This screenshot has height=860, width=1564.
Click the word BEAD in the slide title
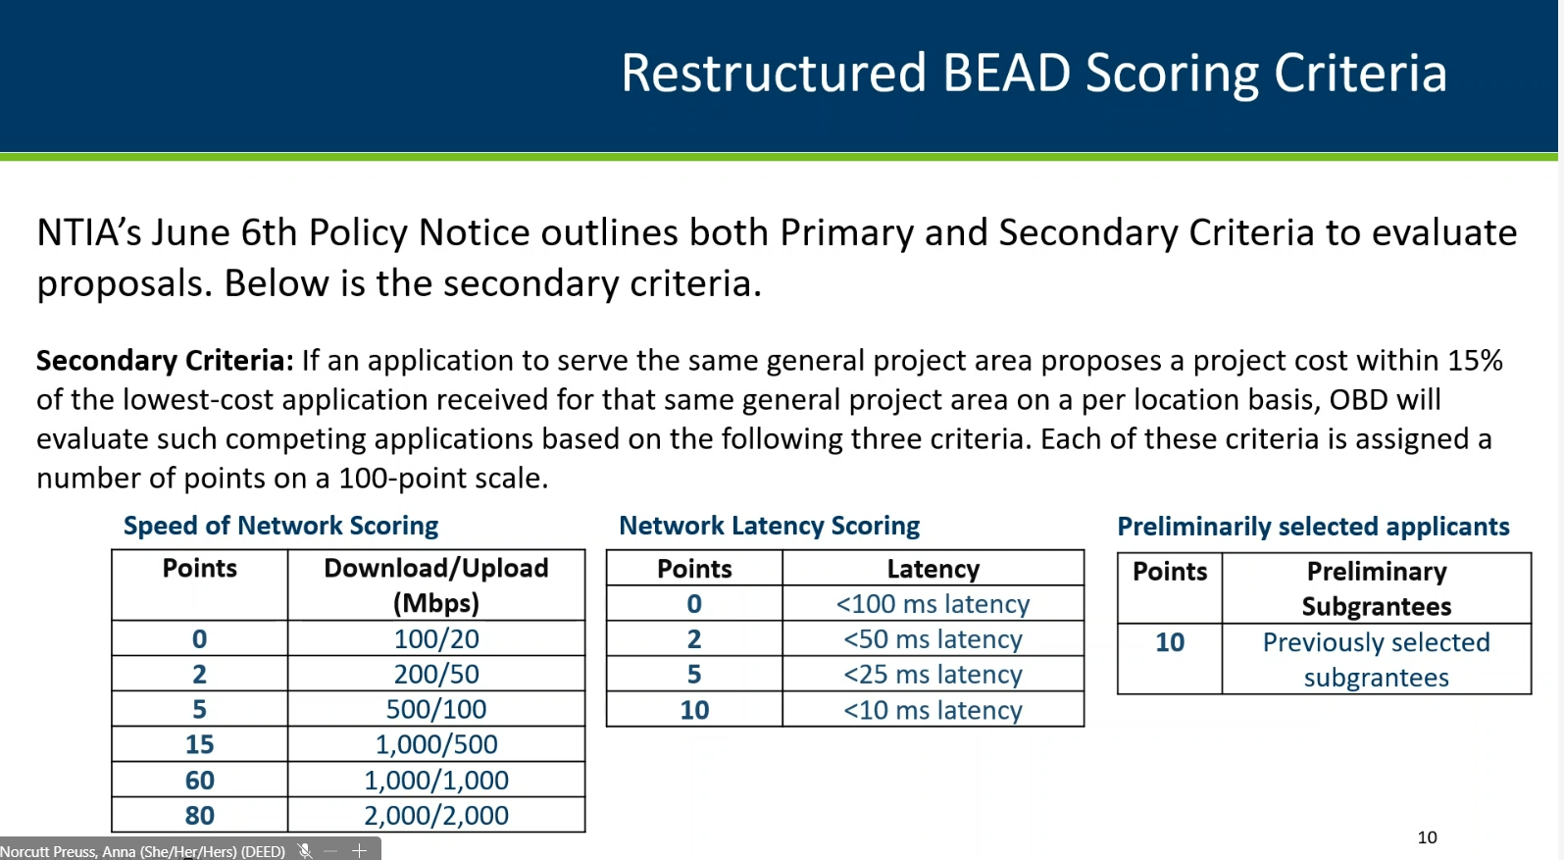[x=1006, y=73]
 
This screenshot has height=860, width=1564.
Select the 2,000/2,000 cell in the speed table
[x=436, y=815]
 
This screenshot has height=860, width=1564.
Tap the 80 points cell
[x=200, y=815]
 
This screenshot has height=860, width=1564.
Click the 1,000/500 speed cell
[x=436, y=744]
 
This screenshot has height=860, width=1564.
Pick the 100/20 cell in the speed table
[x=436, y=638]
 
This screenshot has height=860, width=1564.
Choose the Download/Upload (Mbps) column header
[x=436, y=585]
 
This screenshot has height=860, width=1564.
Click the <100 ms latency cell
[x=933, y=604]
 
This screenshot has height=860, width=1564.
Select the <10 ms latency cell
[x=933, y=710]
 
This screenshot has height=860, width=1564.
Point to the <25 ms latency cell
[x=933, y=675]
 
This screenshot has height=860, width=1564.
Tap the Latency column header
[x=933, y=569]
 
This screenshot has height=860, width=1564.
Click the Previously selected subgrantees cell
[x=1376, y=660]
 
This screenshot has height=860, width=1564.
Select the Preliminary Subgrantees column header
[x=1376, y=588]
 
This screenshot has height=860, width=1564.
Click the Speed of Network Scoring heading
[x=280, y=526]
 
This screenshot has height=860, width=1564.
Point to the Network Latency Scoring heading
[x=770, y=526]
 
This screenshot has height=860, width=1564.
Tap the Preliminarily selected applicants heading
[x=1313, y=527]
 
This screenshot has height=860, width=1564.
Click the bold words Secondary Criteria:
[x=166, y=361]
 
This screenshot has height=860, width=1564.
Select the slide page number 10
[x=1427, y=837]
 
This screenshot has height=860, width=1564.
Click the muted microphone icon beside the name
[x=304, y=850]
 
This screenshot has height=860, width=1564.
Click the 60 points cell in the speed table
[x=200, y=780]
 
